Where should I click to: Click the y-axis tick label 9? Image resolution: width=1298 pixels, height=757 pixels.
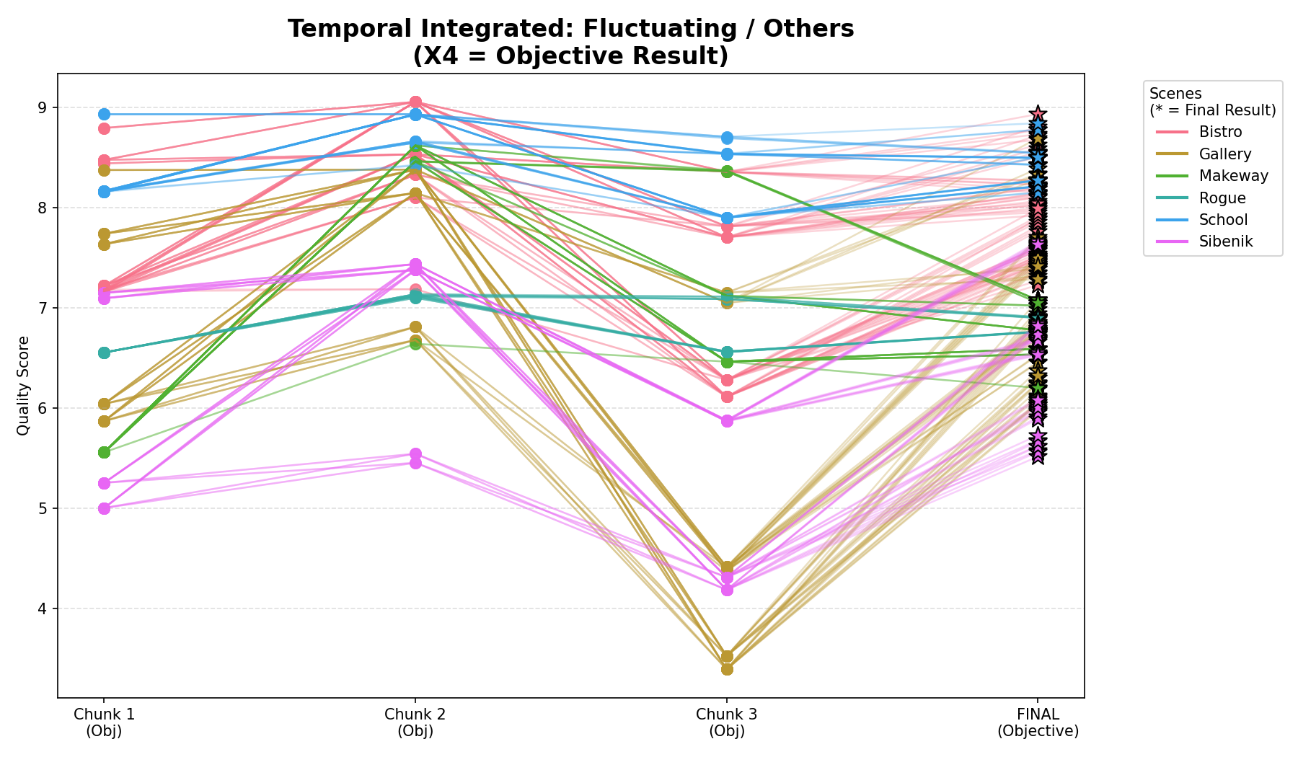tap(42, 108)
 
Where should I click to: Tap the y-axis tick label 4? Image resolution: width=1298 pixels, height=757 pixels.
tap(42, 609)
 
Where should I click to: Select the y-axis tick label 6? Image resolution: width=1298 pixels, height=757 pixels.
tap(42, 409)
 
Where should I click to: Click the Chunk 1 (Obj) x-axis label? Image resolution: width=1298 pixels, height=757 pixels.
tap(104, 722)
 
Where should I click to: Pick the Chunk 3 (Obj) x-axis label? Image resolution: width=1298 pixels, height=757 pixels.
tap(726, 722)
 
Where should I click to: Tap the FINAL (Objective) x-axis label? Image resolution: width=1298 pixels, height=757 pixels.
tap(1038, 722)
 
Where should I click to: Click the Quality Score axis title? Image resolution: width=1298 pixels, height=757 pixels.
tap(23, 386)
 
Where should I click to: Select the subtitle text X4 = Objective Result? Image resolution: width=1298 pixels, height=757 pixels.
tap(570, 56)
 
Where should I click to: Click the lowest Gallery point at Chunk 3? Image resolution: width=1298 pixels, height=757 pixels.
tap(727, 669)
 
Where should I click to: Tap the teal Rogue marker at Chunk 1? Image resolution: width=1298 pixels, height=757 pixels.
tap(104, 353)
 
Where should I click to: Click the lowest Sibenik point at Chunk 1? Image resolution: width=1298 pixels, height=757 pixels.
tap(104, 508)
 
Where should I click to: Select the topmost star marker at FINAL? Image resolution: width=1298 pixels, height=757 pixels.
tap(1038, 114)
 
